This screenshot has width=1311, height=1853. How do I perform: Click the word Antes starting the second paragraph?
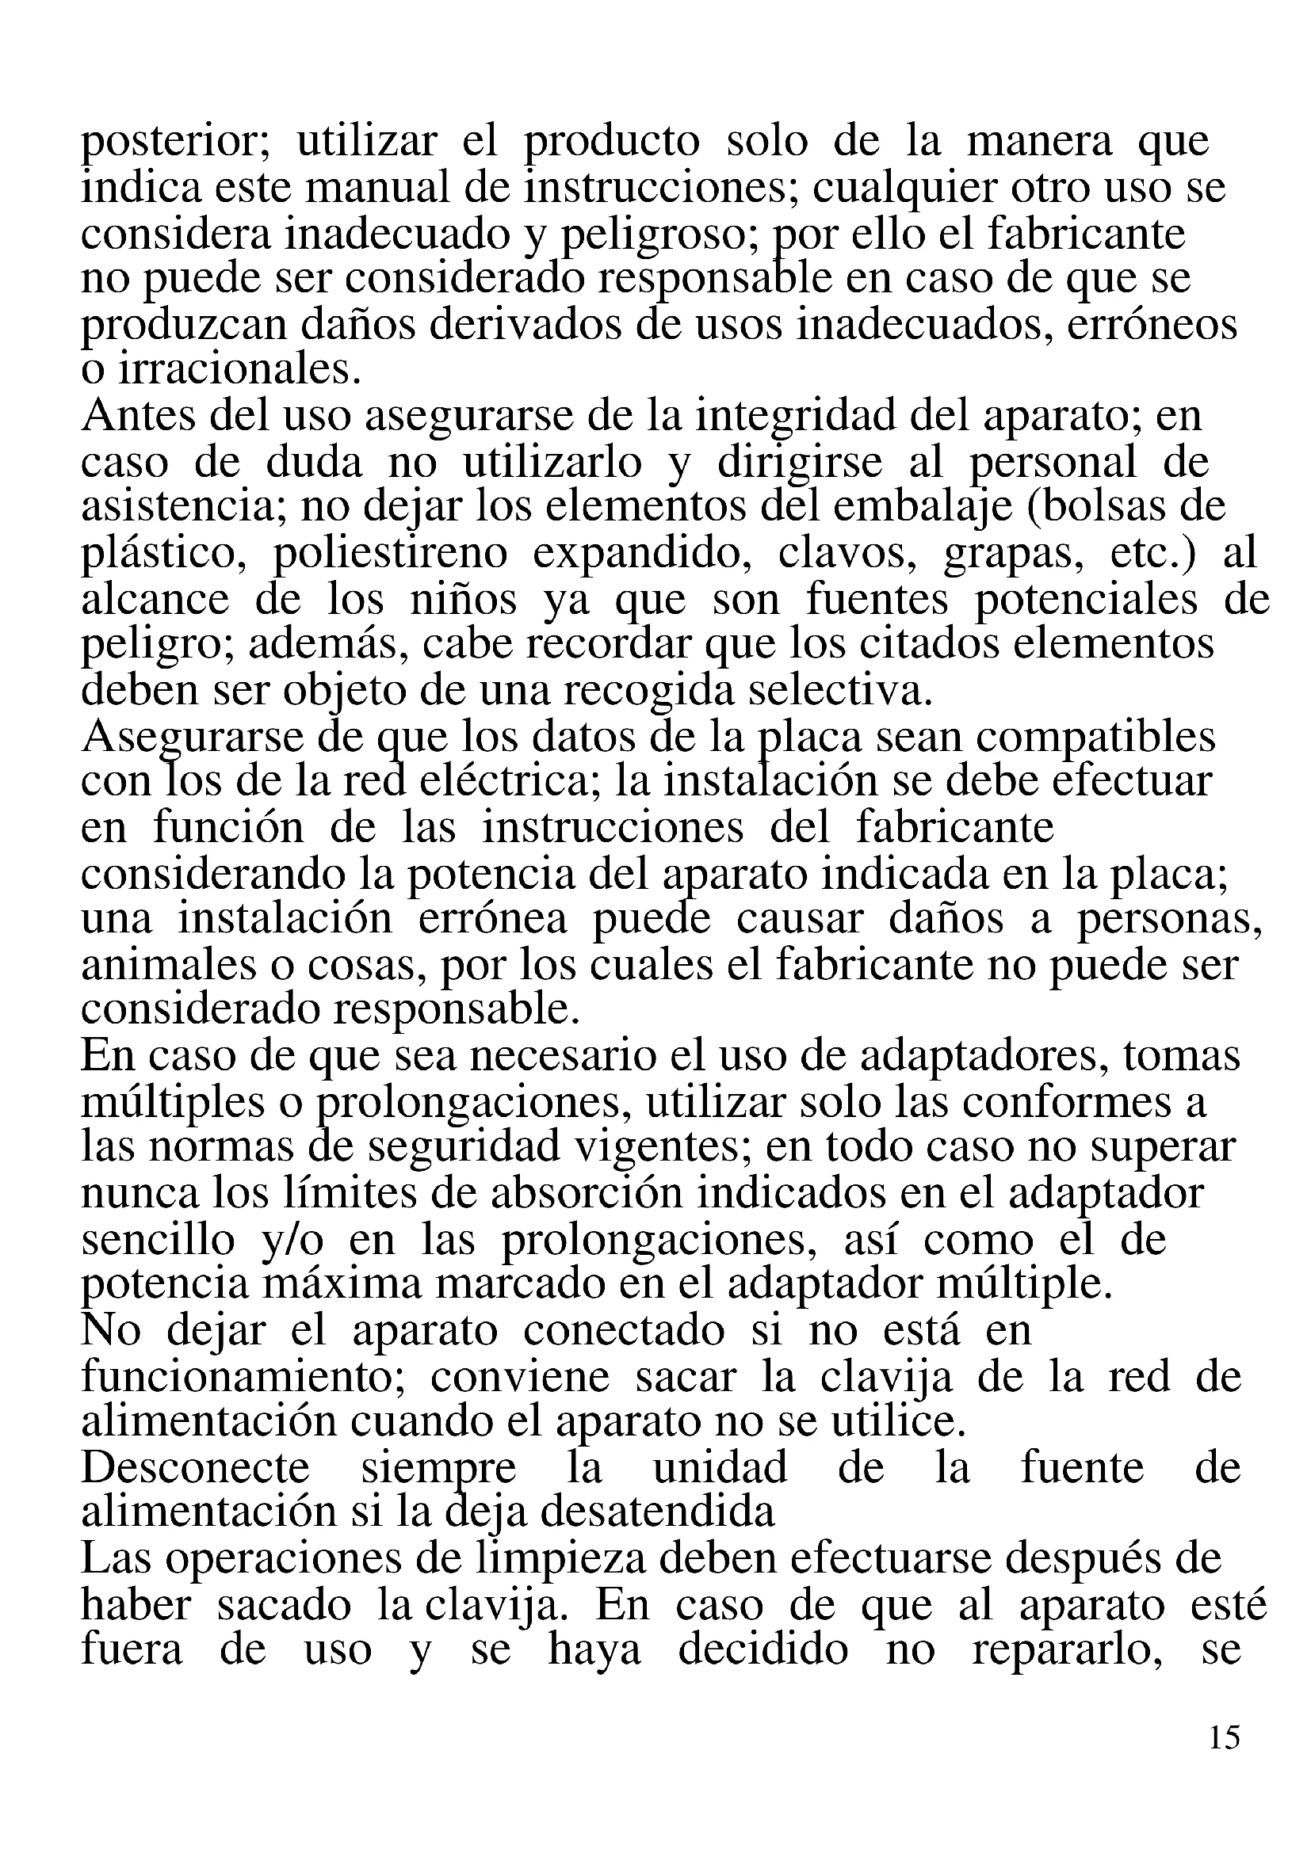pyautogui.click(x=138, y=417)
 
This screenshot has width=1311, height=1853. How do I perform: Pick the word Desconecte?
pyautogui.click(x=195, y=1467)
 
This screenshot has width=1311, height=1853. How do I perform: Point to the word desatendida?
pyautogui.click(x=657, y=1512)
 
